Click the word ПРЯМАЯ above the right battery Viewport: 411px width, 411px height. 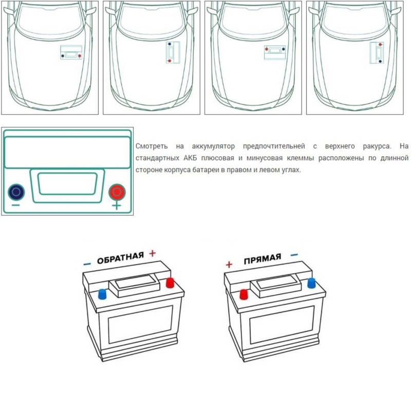point(263,258)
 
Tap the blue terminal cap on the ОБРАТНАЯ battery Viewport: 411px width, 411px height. point(102,293)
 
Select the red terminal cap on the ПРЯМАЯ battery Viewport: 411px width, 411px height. point(244,294)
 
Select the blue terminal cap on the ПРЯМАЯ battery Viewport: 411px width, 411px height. point(311,283)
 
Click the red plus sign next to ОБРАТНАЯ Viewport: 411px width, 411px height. point(152,253)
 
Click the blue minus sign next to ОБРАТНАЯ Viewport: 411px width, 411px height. point(87,264)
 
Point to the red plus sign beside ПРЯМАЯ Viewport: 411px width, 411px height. point(229,265)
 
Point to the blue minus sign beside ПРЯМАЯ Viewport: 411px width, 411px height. point(294,254)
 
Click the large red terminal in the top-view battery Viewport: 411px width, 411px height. point(117,192)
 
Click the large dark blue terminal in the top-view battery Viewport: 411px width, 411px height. point(16,192)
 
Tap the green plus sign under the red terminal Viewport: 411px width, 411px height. point(117,206)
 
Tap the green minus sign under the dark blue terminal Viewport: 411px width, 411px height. point(16,206)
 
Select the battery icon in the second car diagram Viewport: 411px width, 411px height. point(171,52)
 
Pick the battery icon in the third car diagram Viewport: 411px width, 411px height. point(275,52)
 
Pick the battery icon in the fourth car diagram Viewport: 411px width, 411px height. point(377,52)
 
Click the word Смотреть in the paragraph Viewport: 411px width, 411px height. point(153,146)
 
